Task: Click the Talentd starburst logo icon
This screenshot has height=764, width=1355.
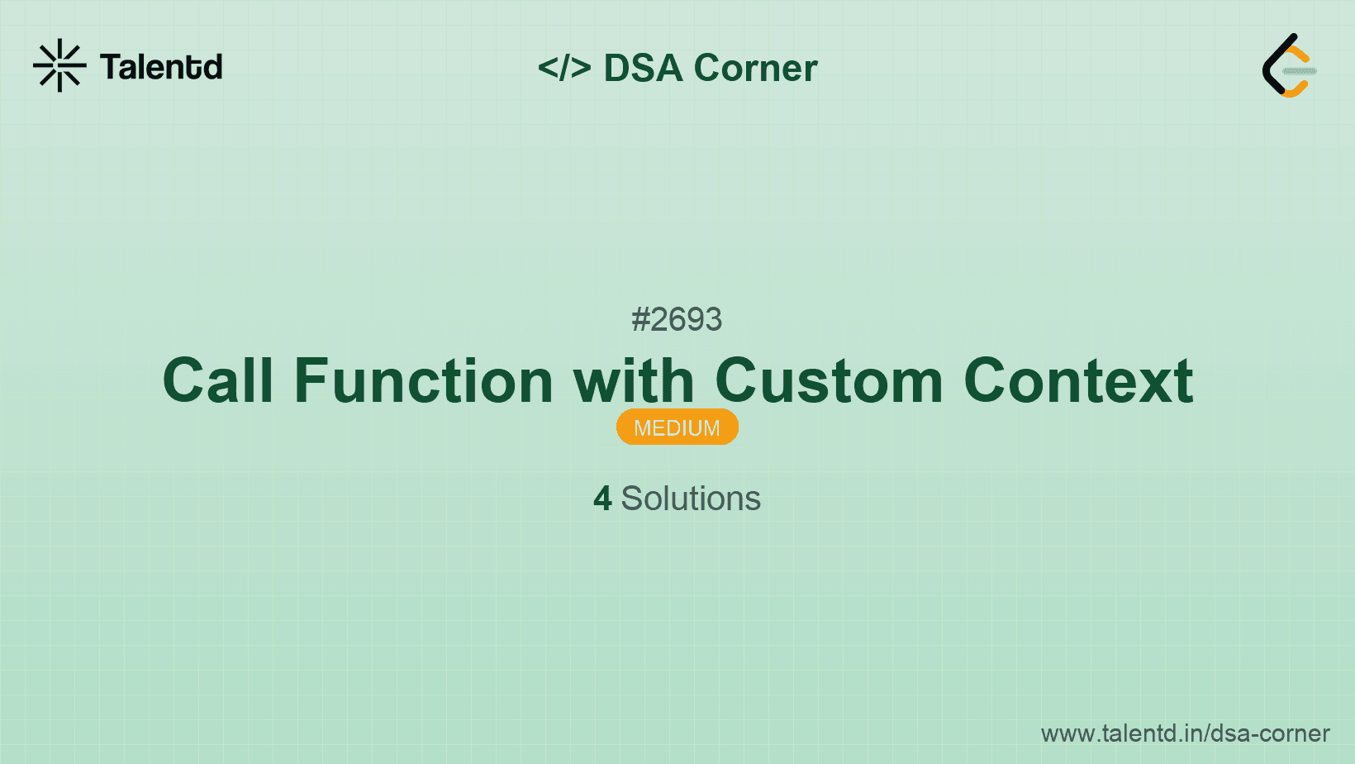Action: click(59, 65)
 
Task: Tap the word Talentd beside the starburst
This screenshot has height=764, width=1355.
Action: click(161, 67)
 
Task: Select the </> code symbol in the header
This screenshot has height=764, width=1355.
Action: click(564, 68)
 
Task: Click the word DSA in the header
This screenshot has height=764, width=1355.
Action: click(644, 68)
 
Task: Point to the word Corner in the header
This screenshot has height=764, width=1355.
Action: click(756, 68)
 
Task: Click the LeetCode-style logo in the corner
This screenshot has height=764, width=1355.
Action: click(1289, 66)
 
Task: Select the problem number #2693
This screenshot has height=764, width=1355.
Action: click(677, 319)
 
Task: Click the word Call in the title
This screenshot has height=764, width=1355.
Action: click(218, 381)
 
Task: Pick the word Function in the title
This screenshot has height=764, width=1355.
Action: click(424, 381)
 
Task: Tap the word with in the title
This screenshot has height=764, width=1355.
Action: click(634, 381)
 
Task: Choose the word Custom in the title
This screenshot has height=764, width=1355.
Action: click(829, 381)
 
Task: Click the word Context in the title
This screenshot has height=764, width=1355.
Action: click(1078, 381)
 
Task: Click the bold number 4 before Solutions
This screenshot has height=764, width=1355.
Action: click(602, 499)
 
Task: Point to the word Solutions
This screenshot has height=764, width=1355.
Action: click(691, 499)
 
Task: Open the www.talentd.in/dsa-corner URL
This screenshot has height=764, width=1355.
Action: click(1185, 733)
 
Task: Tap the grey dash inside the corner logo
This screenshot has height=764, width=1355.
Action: click(1300, 71)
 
